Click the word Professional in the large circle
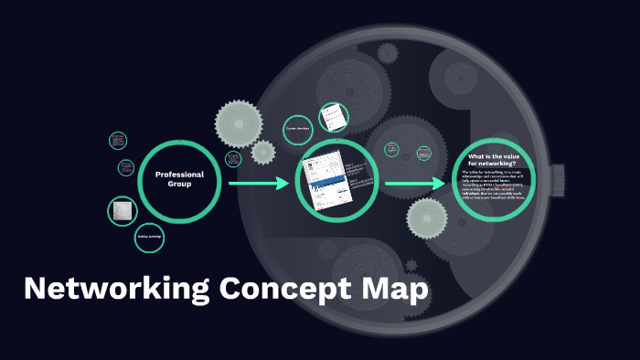pyautogui.click(x=179, y=174)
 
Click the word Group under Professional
pyautogui.click(x=179, y=184)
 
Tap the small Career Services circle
pyautogui.click(x=298, y=130)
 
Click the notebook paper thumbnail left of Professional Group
pyautogui.click(x=123, y=211)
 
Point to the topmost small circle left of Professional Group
pyautogui.click(x=118, y=141)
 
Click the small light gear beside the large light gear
pyautogui.click(x=263, y=152)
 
